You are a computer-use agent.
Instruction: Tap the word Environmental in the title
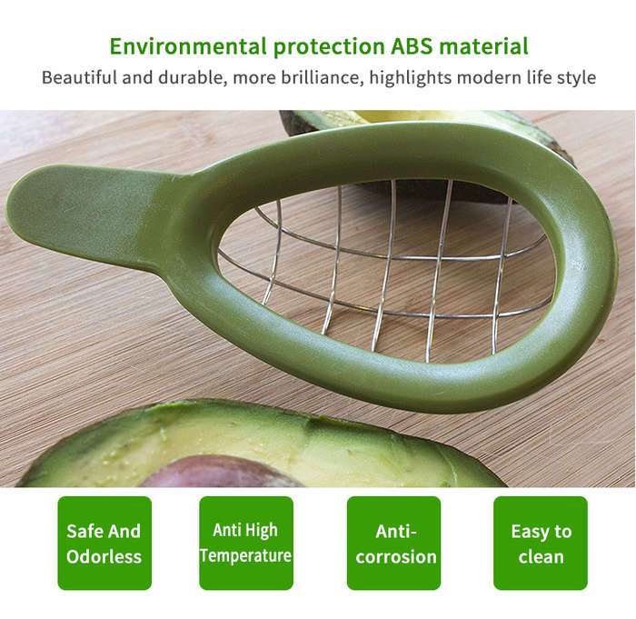[x=188, y=46]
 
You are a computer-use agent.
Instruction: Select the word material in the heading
[x=484, y=46]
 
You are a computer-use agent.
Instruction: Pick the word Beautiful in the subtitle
[x=79, y=77]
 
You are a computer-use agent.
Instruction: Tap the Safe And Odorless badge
[x=104, y=543]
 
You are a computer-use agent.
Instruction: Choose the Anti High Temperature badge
[x=246, y=543]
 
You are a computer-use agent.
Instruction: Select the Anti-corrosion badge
[x=393, y=543]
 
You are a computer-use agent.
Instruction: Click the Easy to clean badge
[x=541, y=543]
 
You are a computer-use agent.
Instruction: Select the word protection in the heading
[x=329, y=46]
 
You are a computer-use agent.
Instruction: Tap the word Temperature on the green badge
[x=246, y=555]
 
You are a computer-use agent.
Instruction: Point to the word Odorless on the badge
[x=104, y=556]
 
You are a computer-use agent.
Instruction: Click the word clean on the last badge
[x=541, y=556]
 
